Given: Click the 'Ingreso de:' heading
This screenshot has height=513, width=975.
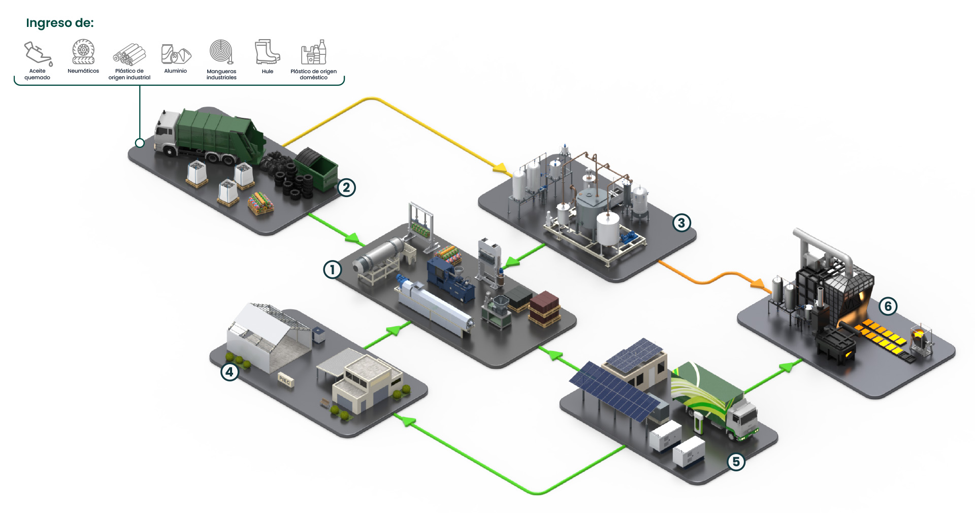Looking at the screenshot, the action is pos(60,23).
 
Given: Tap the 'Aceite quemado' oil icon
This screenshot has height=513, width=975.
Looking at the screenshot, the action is pos(38,53).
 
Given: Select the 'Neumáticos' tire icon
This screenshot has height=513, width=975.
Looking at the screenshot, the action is pos(83,52).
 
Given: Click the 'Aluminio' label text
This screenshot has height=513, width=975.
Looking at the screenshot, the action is pos(175,71).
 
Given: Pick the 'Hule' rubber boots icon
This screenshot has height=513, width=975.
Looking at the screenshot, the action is pos(267,52).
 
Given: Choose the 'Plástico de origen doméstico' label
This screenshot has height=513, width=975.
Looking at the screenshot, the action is pos(313,74).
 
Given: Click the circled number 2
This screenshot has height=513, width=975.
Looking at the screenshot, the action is pos(346,187).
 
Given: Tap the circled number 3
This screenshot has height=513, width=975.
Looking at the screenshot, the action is pos(681,222).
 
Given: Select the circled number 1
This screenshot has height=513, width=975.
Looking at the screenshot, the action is pos(332,269).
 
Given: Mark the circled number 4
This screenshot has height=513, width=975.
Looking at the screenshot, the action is pos(230,372).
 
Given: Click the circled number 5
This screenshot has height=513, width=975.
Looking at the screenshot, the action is pos(736,462).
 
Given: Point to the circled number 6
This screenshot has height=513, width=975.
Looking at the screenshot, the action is pos(888,306).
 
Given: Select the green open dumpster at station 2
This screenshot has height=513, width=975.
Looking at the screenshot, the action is pos(317,168).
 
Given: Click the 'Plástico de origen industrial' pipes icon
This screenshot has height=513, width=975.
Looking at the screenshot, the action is pos(129,54).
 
